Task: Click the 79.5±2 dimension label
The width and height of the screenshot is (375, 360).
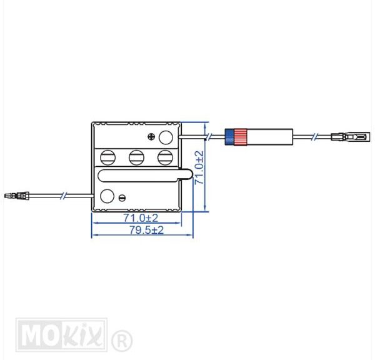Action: click(x=147, y=230)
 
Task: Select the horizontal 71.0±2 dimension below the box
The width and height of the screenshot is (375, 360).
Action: click(x=141, y=218)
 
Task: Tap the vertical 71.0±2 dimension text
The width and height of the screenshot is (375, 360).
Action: click(x=199, y=167)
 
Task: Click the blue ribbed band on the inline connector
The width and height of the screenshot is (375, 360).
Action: click(x=229, y=137)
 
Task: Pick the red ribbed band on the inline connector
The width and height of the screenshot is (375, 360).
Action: click(x=240, y=137)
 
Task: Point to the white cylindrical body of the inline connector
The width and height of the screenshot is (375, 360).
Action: click(x=269, y=137)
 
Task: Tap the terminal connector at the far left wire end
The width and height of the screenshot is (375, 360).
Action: click(x=17, y=196)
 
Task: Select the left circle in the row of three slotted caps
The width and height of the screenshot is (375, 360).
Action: click(x=108, y=157)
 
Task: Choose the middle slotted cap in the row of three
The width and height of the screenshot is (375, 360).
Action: click(x=136, y=157)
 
